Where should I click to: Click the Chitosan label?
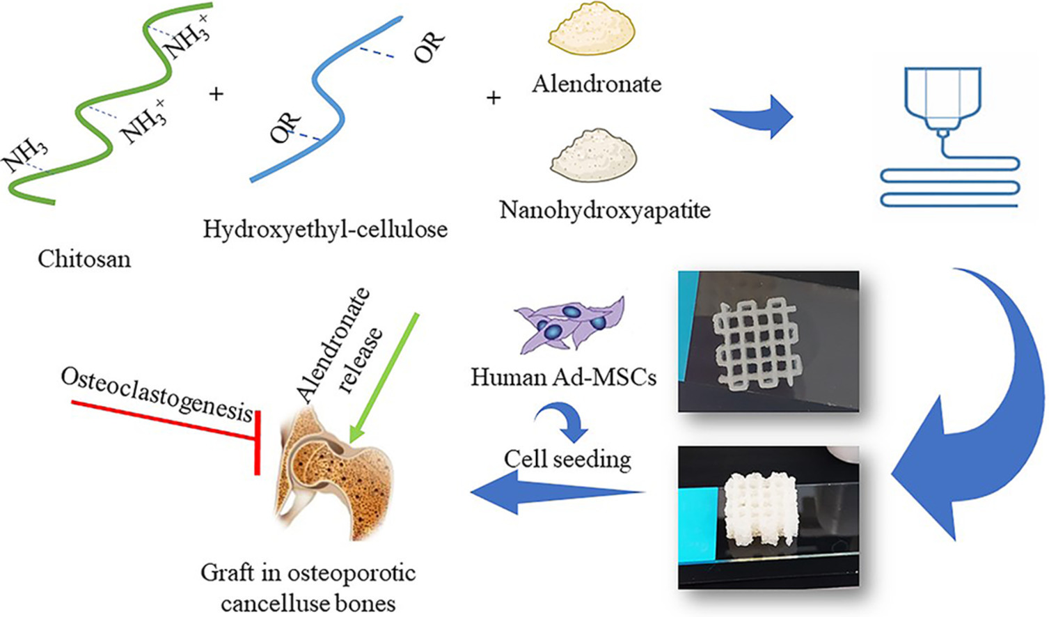click(84, 259)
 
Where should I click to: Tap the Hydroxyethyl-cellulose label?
click(325, 229)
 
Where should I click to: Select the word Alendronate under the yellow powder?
click(597, 84)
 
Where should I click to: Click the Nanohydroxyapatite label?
click(605, 210)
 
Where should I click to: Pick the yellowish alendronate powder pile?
click(592, 31)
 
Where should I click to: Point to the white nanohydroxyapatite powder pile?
click(593, 155)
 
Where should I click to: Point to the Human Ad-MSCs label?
click(563, 377)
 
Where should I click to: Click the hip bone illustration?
click(334, 474)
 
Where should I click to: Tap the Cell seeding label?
click(567, 460)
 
